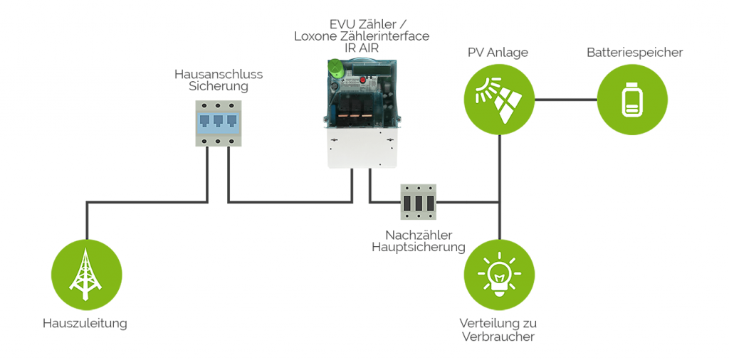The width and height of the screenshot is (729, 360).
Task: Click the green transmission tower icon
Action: click(x=86, y=275)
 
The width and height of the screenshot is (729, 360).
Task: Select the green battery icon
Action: click(x=631, y=99)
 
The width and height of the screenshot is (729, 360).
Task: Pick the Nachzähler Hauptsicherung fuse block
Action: click(x=418, y=201)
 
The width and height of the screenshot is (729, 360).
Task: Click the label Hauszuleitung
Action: click(x=85, y=323)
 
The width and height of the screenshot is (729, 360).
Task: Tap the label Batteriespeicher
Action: click(x=634, y=53)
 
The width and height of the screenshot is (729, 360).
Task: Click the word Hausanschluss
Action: click(x=219, y=74)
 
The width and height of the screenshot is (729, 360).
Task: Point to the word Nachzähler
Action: click(x=419, y=235)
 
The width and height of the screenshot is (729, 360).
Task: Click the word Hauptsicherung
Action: click(x=419, y=248)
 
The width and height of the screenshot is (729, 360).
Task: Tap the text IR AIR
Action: click(x=361, y=48)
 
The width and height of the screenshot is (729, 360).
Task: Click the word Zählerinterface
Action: click(x=384, y=36)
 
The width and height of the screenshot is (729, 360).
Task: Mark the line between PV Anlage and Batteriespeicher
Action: click(x=565, y=100)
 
